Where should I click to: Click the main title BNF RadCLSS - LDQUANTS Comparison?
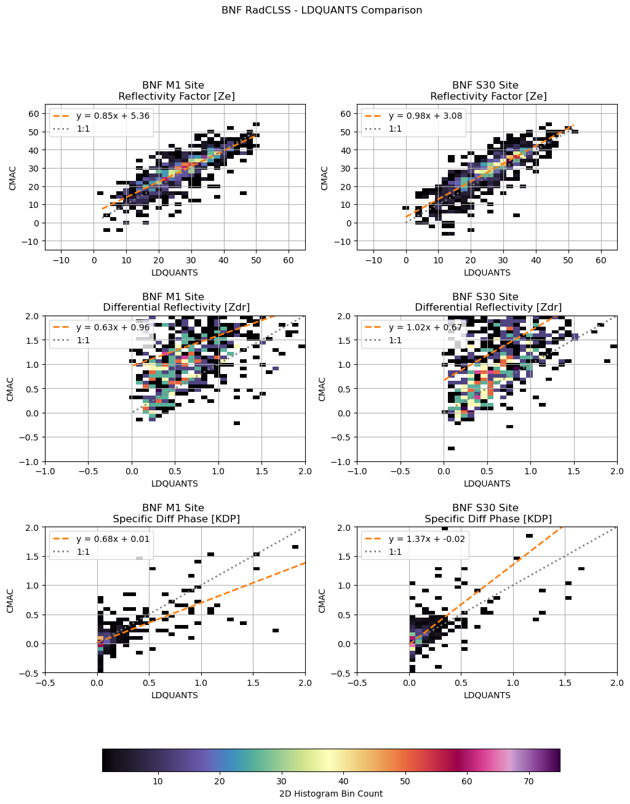pyautogui.click(x=322, y=10)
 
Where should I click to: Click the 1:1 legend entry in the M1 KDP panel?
pyautogui.click(x=83, y=552)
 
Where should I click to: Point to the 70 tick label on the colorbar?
pyautogui.click(x=528, y=781)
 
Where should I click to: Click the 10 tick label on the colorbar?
pyautogui.click(x=157, y=781)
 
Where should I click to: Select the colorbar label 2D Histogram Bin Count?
pyautogui.click(x=331, y=794)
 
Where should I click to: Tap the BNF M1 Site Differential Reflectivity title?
pyautogui.click(x=175, y=301)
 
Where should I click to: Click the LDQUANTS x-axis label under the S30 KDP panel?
pyautogui.click(x=487, y=695)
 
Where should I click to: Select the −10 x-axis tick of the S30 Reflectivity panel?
pyautogui.click(x=373, y=260)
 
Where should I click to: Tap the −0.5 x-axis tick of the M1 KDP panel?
pyautogui.click(x=45, y=682)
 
